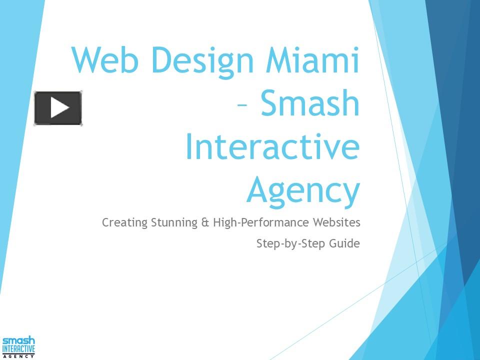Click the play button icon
[x=57, y=108]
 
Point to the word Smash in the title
[x=310, y=103]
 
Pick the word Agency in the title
[x=303, y=192]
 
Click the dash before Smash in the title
[x=242, y=106]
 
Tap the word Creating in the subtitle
[x=121, y=222]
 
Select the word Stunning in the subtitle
[x=170, y=223]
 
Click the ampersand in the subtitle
[x=205, y=222]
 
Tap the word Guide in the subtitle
[x=344, y=244]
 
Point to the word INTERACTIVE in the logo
[x=18, y=348]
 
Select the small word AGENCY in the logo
[x=18, y=356]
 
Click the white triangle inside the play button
[x=59, y=108]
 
